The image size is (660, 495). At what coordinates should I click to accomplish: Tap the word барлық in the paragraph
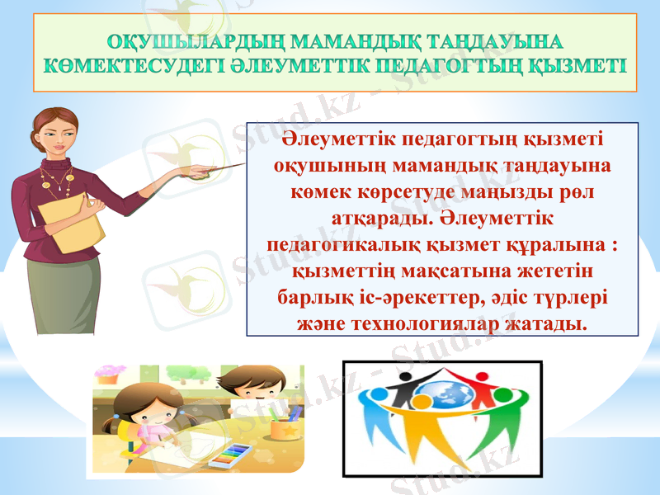315,295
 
